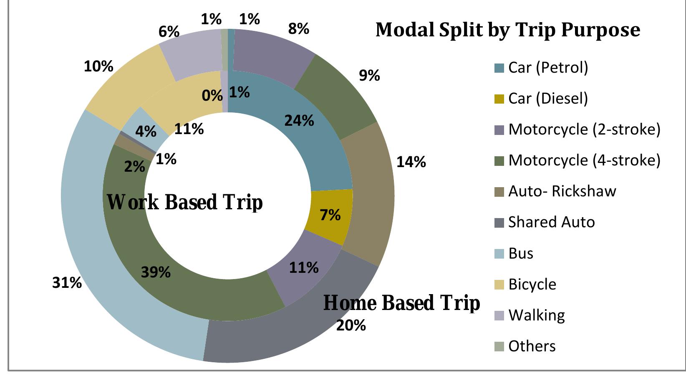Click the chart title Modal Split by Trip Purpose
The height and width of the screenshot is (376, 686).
click(508, 30)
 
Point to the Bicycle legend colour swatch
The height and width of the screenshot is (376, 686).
click(499, 285)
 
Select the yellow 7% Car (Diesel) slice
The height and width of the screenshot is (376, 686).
click(330, 215)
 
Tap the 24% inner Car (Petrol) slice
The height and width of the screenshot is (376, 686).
click(299, 121)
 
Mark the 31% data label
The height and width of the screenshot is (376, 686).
click(67, 283)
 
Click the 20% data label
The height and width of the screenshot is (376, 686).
click(351, 325)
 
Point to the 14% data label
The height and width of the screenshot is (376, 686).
click(411, 162)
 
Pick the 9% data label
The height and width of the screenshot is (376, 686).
click(369, 76)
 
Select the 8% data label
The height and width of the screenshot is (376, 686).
click(298, 29)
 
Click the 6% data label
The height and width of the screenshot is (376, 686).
click(169, 31)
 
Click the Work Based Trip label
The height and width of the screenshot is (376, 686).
click(185, 202)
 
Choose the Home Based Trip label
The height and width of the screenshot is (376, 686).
click(401, 302)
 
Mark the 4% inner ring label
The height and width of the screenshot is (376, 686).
click(146, 132)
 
